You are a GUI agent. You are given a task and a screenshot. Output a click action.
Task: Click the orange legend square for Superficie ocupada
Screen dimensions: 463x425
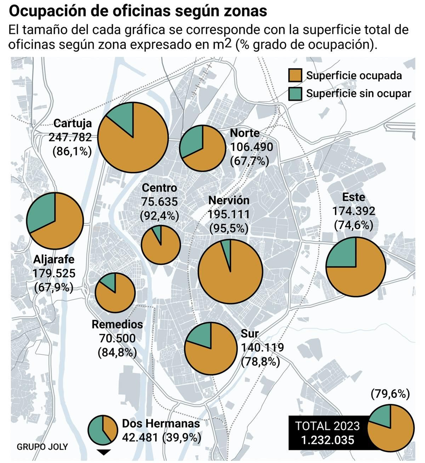tap(295, 75)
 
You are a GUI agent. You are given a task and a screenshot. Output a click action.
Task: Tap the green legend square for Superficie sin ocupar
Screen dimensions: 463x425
tap(295, 93)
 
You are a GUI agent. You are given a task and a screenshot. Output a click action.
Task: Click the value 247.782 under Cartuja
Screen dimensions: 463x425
tap(70, 137)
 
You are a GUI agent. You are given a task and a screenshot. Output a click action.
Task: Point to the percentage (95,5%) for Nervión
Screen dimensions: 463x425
tap(229, 228)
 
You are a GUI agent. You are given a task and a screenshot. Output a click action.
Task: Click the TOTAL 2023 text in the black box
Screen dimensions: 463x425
tap(327, 426)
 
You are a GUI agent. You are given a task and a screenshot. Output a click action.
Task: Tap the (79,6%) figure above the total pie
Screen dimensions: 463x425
tap(390, 394)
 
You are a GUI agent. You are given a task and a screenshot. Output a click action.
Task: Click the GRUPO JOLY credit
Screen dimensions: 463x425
tap(42, 447)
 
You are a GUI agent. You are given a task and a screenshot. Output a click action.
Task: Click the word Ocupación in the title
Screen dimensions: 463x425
tap(45, 11)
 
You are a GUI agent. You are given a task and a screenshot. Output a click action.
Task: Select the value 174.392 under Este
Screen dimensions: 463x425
tap(354, 211)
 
